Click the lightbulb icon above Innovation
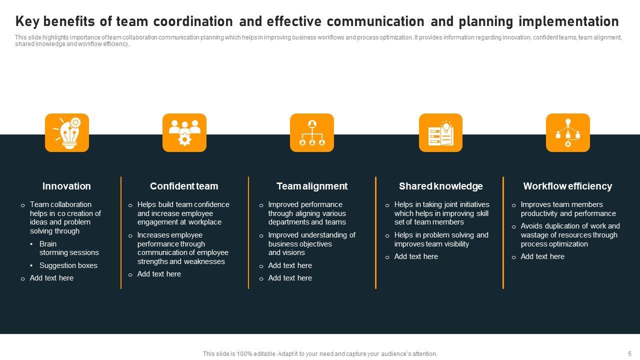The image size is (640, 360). tap(67, 132)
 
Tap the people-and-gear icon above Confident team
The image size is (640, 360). tap(184, 132)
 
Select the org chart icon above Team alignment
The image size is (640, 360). tap(312, 132)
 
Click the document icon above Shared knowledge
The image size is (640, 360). tap(440, 132)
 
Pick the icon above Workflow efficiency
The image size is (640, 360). tap(568, 132)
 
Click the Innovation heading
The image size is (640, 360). tap(66, 186)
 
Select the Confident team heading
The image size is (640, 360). tap(184, 186)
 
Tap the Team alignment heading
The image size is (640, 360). tap(312, 186)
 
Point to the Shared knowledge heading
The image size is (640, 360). tap(440, 186)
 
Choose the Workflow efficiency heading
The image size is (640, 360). tap(567, 186)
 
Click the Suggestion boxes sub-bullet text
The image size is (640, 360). tap(68, 265)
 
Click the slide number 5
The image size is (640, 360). tap(630, 353)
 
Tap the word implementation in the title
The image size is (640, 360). tap(568, 21)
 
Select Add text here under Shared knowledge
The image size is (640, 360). tap(416, 256)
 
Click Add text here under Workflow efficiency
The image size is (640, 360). tap(542, 256)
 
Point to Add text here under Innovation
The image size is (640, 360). tap(51, 278)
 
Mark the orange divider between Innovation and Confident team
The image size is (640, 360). tap(121, 232)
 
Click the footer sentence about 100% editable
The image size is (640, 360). tap(320, 353)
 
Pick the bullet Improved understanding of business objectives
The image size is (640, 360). tap(311, 243)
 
